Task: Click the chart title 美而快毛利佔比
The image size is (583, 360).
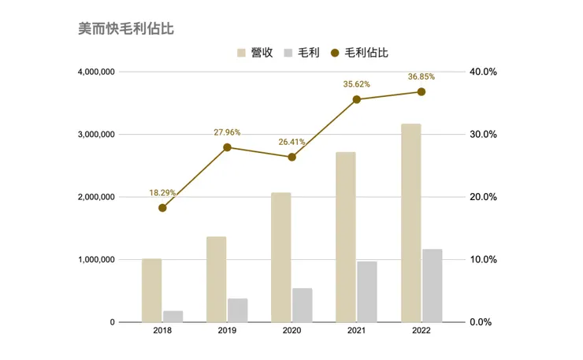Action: [126, 29]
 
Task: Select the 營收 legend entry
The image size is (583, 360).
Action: [255, 53]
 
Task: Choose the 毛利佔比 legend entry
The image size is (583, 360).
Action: [359, 53]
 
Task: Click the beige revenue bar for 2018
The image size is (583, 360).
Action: [152, 290]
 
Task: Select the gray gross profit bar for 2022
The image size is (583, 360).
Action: [432, 285]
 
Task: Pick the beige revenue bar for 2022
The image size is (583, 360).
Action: [410, 223]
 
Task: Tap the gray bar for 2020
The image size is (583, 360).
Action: [303, 305]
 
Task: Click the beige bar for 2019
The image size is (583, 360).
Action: [217, 279]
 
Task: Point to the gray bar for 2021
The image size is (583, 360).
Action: [367, 291]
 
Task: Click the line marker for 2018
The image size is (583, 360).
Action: [162, 208]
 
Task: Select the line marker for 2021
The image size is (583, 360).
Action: [356, 99]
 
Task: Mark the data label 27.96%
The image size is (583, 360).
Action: [227, 132]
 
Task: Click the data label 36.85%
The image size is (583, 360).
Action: [421, 76]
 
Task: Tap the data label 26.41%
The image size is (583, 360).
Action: [291, 143]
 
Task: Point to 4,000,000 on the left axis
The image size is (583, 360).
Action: [96, 72]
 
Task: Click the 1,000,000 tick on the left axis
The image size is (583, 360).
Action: [96, 260]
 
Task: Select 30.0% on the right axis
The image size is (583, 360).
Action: [482, 135]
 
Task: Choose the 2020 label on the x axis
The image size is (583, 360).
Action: [291, 332]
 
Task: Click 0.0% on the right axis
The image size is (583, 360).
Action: [482, 322]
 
